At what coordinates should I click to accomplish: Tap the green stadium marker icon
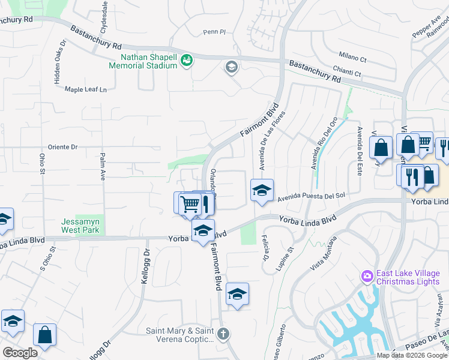coord(187,60)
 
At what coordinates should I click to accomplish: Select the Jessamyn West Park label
coord(80,225)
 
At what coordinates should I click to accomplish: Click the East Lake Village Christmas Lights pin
coord(367,277)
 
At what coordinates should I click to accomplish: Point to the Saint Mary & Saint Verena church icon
coord(223,334)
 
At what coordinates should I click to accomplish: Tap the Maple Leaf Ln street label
coord(85,89)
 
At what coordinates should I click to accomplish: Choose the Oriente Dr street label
coord(63,146)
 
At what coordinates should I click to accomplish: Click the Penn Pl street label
coord(214,32)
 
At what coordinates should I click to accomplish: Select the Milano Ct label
coord(353,58)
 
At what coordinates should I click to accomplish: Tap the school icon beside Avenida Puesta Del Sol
coord(262,191)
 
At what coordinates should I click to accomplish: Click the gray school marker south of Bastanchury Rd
coord(231,66)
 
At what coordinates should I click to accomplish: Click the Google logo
coord(20,353)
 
